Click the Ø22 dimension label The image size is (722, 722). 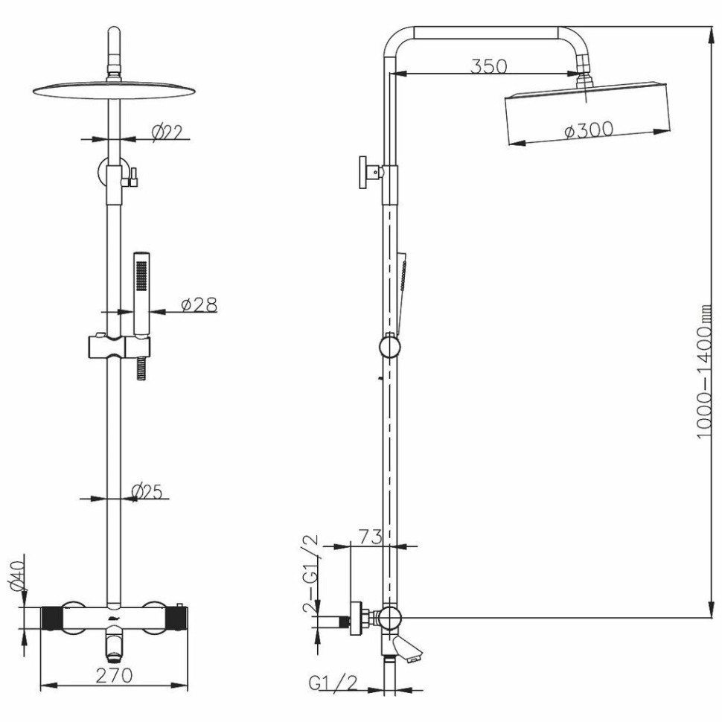click(x=167, y=132)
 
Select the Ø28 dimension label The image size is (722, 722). click(x=199, y=305)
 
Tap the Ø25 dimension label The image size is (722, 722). click(x=147, y=492)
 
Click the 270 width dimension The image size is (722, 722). click(x=114, y=676)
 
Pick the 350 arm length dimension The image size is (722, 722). click(x=488, y=66)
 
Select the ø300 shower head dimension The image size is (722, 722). click(x=589, y=130)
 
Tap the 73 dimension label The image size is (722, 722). click(x=370, y=537)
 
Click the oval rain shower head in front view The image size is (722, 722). click(x=114, y=90)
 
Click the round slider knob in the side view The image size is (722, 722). click(x=389, y=347)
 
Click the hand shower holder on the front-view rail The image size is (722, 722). click(x=118, y=347)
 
